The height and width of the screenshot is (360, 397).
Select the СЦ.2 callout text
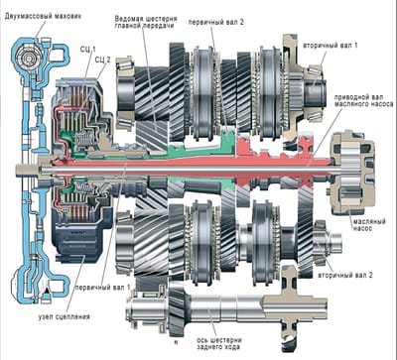click(100, 60)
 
